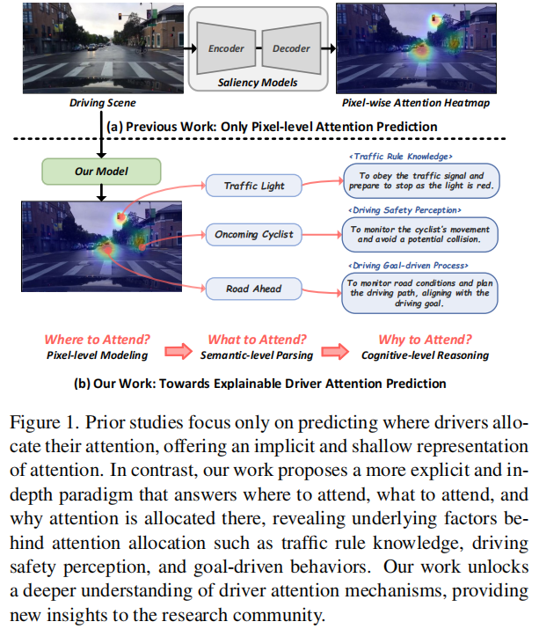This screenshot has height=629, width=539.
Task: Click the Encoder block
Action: click(227, 50)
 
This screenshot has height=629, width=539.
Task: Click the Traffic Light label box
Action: click(253, 186)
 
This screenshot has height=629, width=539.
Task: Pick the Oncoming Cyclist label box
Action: click(254, 235)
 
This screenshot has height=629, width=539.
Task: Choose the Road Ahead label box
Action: click(253, 288)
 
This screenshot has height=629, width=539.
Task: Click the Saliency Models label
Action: click(258, 83)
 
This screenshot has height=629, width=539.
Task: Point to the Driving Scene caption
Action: click(99, 104)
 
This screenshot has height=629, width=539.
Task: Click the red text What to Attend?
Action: click(256, 340)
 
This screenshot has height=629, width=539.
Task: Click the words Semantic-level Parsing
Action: click(257, 355)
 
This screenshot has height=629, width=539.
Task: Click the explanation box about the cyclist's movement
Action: click(418, 235)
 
